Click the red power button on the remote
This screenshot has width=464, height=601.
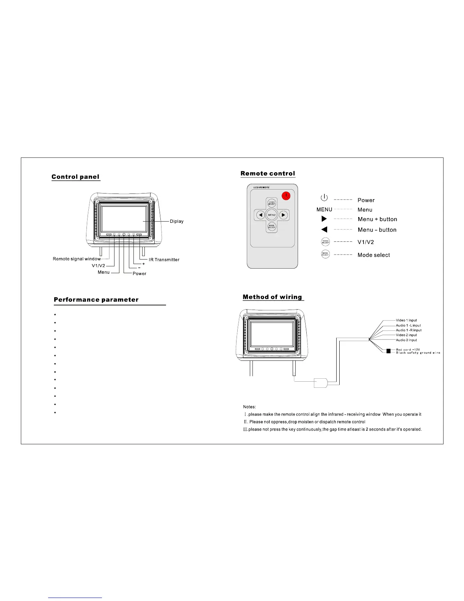point(287,195)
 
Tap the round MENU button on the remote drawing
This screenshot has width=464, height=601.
point(272,215)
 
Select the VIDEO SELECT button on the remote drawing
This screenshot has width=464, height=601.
point(272,203)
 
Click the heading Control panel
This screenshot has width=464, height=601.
point(75,177)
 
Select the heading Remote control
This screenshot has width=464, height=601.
point(268,173)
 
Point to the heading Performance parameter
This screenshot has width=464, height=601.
point(96,300)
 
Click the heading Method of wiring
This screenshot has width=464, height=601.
point(272,297)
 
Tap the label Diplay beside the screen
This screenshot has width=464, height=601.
point(177,221)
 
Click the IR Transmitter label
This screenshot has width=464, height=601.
point(164,260)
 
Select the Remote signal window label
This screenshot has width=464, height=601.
point(77,259)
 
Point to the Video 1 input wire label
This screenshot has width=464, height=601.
point(406,320)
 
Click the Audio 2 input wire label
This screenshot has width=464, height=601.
point(406,340)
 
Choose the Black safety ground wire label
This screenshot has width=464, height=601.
point(418,353)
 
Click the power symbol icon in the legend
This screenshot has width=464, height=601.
point(324,198)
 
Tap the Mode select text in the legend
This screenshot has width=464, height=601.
point(373,255)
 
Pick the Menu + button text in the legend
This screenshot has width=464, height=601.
point(377,219)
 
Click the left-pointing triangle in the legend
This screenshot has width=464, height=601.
point(324,230)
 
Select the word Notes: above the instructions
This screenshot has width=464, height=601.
point(249,407)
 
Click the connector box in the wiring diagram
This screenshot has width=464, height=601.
point(320,383)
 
